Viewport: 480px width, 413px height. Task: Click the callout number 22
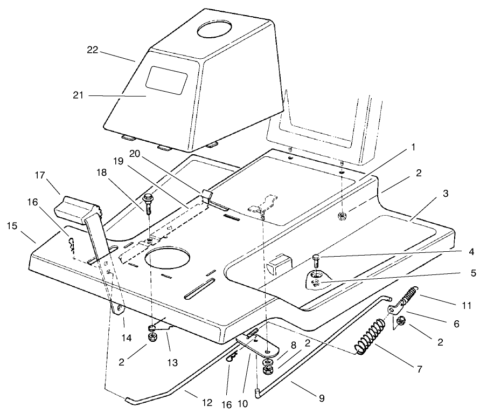pyautogui.click(x=94, y=51)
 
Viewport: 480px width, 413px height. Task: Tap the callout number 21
pyautogui.click(x=79, y=95)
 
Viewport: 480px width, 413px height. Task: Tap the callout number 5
pyautogui.click(x=472, y=273)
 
